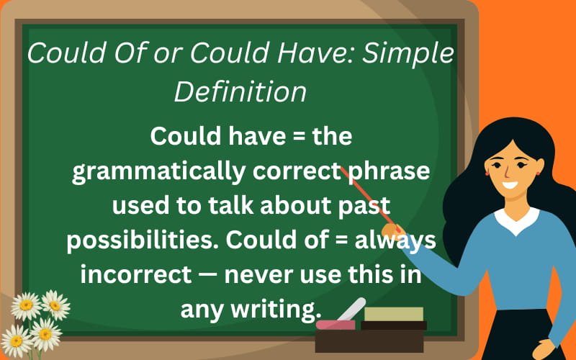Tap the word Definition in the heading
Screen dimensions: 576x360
pyautogui.click(x=240, y=91)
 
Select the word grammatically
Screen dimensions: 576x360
pyautogui.click(x=158, y=172)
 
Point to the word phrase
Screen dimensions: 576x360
pyautogui.click(x=389, y=172)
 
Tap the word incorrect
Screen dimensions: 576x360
pyautogui.click(x=136, y=274)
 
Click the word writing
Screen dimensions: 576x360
pyautogui.click(x=276, y=310)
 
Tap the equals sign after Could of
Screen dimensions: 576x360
pyautogui.click(x=341, y=240)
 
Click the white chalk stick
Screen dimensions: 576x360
pyautogui.click(x=351, y=309)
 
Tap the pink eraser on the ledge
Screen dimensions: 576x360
pyautogui.click(x=336, y=325)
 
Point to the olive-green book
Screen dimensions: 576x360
pyautogui.click(x=394, y=314)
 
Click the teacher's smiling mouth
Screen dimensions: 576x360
pyautogui.click(x=510, y=185)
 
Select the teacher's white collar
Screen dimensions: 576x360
pyautogui.click(x=517, y=221)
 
